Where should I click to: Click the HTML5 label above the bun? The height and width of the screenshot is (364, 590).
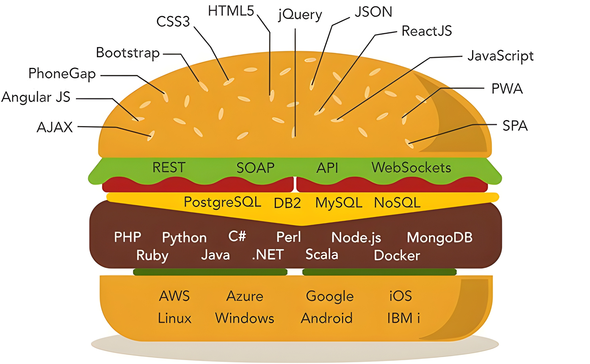tap(231, 11)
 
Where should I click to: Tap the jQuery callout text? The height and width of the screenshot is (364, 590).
tap(300, 14)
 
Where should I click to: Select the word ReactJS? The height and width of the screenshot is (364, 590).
tap(426, 31)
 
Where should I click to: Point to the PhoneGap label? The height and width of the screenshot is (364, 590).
tap(62, 74)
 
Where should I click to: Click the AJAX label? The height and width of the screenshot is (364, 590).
tap(55, 127)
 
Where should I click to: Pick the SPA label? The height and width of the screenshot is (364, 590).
tap(515, 126)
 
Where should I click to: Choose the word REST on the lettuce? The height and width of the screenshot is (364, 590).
tap(169, 168)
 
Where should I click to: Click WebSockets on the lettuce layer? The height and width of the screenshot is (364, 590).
tap(411, 168)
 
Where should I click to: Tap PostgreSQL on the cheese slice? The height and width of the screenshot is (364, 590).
tap(222, 202)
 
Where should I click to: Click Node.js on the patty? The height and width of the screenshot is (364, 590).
tap(356, 237)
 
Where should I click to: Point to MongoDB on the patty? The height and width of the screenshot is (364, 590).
tap(440, 237)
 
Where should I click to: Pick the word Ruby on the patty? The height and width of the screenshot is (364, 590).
tap(152, 255)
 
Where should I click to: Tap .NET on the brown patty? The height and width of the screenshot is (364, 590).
tap(268, 255)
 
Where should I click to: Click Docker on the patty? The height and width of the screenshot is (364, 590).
tap(397, 255)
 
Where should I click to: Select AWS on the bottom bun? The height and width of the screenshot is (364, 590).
tap(174, 296)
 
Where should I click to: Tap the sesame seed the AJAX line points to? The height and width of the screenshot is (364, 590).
tap(151, 135)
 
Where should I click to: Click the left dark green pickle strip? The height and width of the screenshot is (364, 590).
tap(210, 272)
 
